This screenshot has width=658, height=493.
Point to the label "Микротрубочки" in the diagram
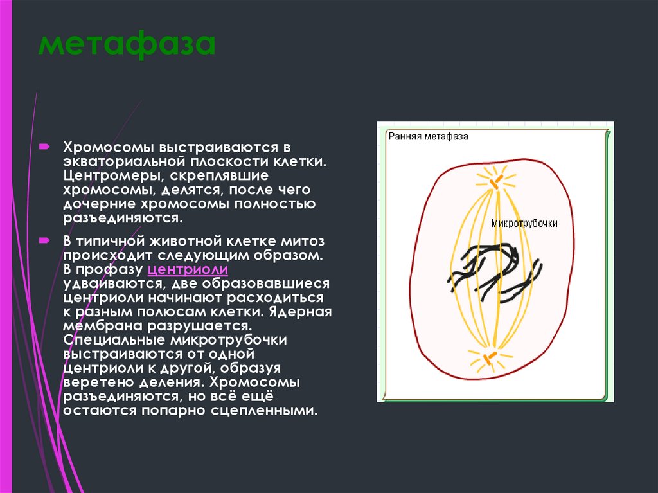524,223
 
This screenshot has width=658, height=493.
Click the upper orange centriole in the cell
493,183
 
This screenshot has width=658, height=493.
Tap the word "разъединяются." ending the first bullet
123,218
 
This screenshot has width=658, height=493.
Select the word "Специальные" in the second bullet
110,340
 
